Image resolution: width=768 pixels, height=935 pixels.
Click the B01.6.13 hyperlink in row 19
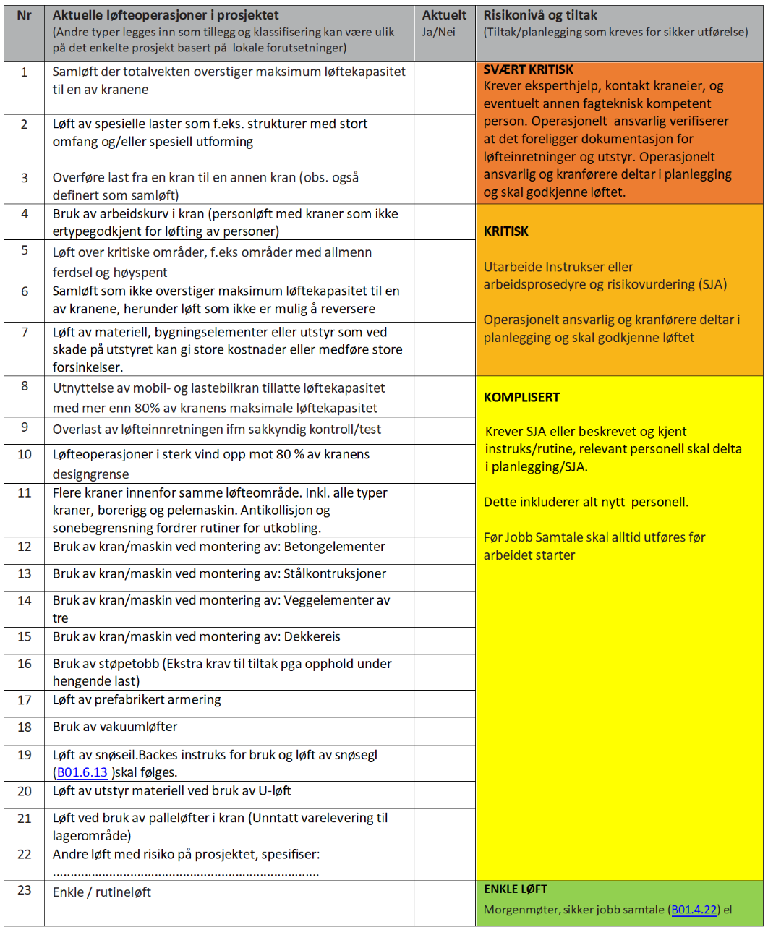[82, 772]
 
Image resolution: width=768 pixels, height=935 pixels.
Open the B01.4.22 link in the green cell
[694, 910]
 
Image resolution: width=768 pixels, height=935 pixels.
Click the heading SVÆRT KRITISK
[529, 69]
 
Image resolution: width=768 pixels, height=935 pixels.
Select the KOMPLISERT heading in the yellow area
[521, 397]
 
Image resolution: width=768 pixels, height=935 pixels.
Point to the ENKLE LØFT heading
[516, 889]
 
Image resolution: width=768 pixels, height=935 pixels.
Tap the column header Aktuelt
[444, 15]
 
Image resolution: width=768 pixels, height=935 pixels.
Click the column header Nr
[24, 15]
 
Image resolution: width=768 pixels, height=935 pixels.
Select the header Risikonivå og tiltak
[540, 15]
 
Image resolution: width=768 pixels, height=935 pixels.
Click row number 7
[25, 332]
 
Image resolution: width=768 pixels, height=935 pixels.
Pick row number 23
[25, 890]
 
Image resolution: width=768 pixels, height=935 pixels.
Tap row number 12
[25, 547]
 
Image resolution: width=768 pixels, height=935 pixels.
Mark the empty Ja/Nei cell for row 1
[444, 87]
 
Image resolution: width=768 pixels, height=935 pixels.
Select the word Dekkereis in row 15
[312, 636]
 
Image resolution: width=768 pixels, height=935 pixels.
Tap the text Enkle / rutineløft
[102, 892]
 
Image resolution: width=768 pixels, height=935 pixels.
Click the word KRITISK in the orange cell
[506, 231]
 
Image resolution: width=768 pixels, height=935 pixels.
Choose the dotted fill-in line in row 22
[186, 873]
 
